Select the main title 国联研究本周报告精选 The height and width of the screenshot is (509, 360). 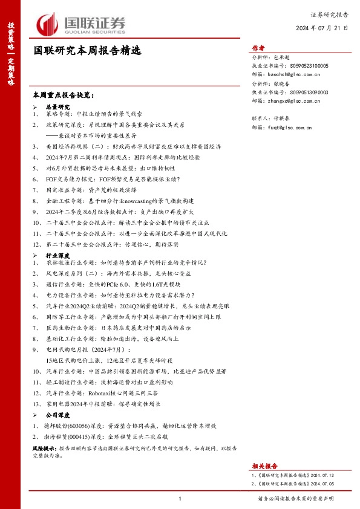[x=87, y=51]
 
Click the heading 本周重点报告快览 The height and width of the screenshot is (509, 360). [x=64, y=96]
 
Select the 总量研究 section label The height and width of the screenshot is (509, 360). [x=59, y=106]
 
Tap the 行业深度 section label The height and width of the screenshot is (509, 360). [x=59, y=256]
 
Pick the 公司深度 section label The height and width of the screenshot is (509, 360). [x=59, y=417]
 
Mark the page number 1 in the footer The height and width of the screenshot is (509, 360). [x=180, y=499]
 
